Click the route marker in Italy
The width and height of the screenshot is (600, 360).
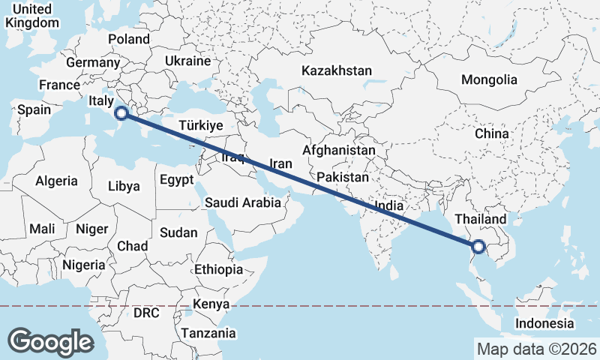coord(121,114)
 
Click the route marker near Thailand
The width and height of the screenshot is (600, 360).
coord(478,245)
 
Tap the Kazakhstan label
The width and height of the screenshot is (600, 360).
coord(337,70)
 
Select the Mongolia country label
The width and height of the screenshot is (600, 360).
coord(489,79)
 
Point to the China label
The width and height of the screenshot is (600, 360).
coord(491,133)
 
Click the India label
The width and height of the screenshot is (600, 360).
coord(389,205)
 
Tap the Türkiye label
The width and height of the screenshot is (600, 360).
coord(202,126)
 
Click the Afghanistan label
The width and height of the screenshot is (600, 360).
coord(339,151)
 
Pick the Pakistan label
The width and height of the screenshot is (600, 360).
coord(342,178)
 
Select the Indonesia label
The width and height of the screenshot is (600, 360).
coord(544,324)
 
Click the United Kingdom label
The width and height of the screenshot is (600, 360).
coord(32,16)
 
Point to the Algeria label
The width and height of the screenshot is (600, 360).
coord(56,181)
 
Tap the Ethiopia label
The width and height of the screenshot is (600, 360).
coord(218,269)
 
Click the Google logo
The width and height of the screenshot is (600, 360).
coord(50,342)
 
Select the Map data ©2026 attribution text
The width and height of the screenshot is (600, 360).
coord(536,349)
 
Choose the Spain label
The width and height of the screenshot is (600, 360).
coord(34,109)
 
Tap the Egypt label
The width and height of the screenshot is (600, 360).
coord(176,180)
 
